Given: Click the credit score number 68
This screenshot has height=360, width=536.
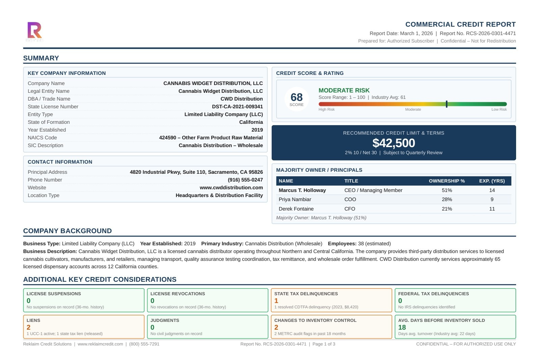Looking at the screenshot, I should tap(296, 98).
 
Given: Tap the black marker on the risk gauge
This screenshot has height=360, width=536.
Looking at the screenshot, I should tap(446, 104).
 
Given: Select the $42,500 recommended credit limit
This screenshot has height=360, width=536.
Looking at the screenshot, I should tap(394, 143).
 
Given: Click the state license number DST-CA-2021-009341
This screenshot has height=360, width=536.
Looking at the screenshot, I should tap(237, 107).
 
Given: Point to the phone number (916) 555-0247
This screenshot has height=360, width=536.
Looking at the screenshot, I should tap(245, 180).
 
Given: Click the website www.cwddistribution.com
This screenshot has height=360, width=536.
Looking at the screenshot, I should tap(231, 188).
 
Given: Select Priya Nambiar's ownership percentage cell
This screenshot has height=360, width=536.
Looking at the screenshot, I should tap(447, 199).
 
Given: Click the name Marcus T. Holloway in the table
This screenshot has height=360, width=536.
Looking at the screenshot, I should tap(302, 190).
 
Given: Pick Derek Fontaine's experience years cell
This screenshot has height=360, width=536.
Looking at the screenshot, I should tap(492, 209).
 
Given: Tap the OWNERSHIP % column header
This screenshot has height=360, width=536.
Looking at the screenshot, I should tap(447, 181).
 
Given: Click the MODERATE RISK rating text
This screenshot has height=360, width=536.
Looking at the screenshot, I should tap(344, 90).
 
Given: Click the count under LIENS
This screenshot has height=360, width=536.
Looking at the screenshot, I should tap(29, 327).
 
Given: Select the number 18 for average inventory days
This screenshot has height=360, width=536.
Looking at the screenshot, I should tap(402, 327).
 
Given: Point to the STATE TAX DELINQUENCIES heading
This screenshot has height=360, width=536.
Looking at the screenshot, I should tap(306, 294).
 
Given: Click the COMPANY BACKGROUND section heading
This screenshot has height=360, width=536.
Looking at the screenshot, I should tap(68, 231).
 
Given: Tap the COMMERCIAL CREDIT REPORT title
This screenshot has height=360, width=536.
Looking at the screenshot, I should tap(460, 24).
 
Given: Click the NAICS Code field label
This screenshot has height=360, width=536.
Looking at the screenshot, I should tap(42, 138).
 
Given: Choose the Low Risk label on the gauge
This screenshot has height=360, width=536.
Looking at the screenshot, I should tap(499, 109).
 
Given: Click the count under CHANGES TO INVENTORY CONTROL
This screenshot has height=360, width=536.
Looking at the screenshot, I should tap(276, 327).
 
